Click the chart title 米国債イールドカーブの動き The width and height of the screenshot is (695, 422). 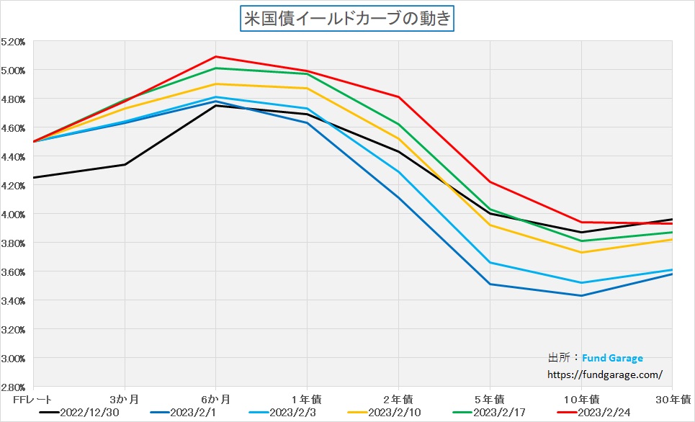[x=346, y=18]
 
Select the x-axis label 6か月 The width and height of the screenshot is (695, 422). [x=216, y=398]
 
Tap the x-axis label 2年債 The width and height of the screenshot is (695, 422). [x=398, y=398]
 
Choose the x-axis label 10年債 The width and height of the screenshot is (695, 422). [x=581, y=398]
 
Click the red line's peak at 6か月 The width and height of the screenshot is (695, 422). [x=216, y=57]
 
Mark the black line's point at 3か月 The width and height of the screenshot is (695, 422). [x=125, y=165]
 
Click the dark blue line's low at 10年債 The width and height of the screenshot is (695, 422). [x=581, y=295]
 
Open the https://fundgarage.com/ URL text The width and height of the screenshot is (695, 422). [x=605, y=374]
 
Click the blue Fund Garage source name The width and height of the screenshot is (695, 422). [x=613, y=358]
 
